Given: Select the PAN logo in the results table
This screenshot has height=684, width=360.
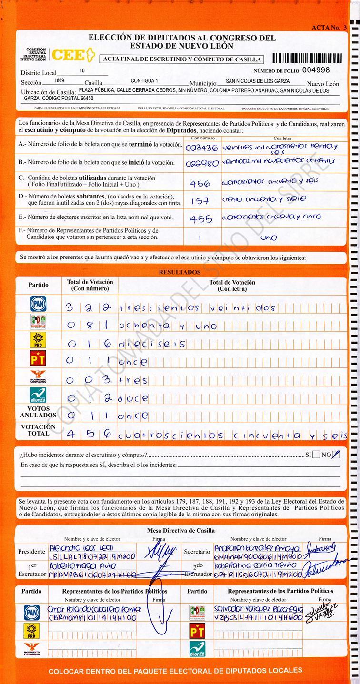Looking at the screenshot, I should click(x=38, y=303).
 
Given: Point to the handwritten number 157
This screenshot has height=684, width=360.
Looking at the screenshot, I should click(x=200, y=201).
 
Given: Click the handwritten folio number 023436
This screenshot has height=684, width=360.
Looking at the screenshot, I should click(x=201, y=147).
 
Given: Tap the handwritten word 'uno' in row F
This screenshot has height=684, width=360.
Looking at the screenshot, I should click(x=269, y=238).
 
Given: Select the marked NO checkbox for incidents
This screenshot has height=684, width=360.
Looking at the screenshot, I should click(x=336, y=455).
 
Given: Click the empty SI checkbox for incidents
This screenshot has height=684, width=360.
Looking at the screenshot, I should click(x=316, y=455).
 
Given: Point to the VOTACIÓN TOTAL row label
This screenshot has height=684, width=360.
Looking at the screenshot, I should click(x=38, y=430).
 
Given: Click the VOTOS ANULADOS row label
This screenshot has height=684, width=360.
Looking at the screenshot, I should click(x=38, y=412).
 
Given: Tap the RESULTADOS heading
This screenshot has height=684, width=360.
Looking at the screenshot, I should click(x=180, y=272).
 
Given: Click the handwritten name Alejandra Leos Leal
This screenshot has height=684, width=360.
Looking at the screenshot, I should click(x=81, y=548).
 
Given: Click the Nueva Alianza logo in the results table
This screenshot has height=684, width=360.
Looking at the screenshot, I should click(x=38, y=395).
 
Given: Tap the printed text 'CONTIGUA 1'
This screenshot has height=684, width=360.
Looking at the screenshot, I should click(x=144, y=81).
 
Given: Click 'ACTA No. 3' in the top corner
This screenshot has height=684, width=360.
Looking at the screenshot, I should click(x=329, y=28).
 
